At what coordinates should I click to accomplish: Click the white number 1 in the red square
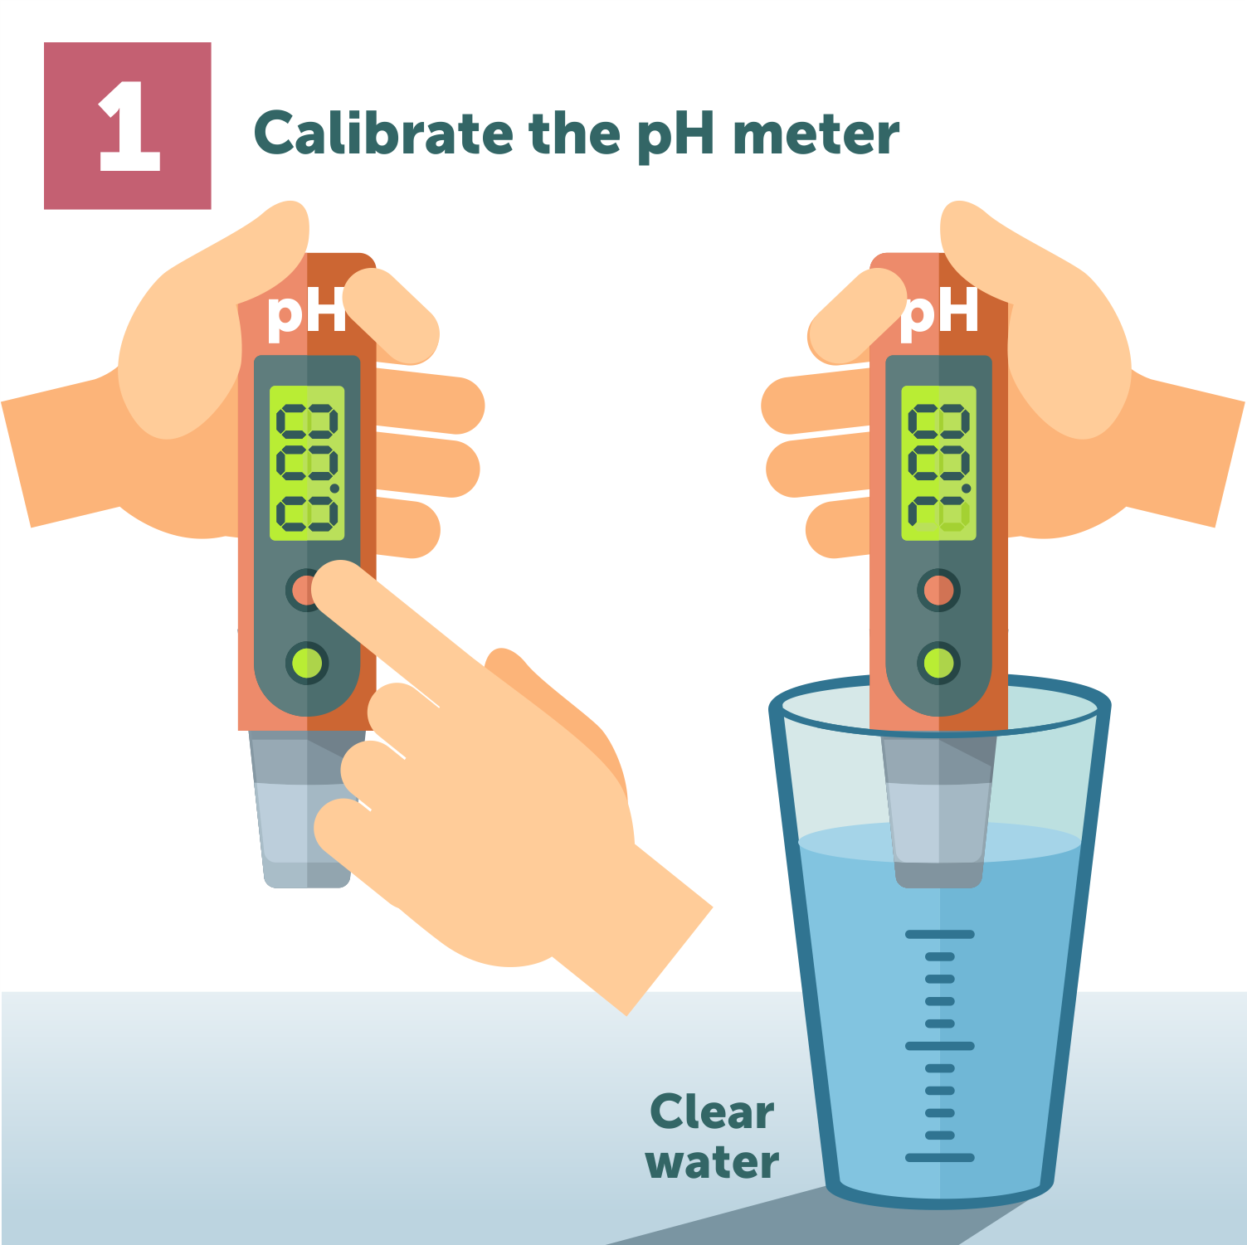tap(129, 127)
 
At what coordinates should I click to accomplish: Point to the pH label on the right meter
tap(940, 313)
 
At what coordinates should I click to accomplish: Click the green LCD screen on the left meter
tap(307, 463)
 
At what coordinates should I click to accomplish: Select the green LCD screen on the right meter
tap(938, 463)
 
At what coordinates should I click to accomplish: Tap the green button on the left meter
tap(307, 663)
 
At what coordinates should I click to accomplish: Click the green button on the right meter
tap(938, 663)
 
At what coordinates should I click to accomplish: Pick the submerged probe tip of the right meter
tap(938, 838)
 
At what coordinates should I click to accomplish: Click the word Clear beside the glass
tap(712, 1112)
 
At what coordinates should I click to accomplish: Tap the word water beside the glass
tap(712, 1162)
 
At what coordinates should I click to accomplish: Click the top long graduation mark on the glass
tap(939, 935)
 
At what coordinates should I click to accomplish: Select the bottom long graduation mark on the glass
tap(939, 1157)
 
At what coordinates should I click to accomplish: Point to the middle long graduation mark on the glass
tap(939, 1046)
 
